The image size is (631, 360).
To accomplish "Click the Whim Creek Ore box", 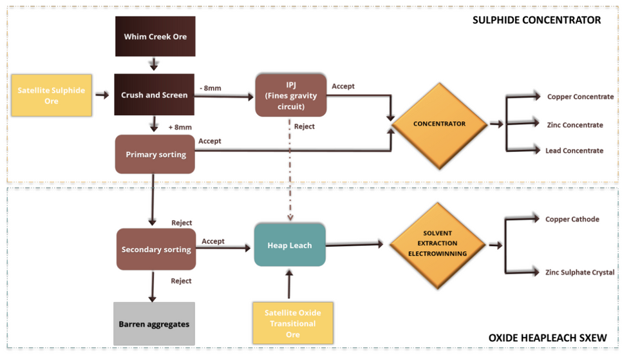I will click(155, 37).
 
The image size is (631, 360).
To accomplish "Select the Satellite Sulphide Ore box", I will click(52, 95).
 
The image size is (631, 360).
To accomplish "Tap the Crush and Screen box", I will click(155, 95).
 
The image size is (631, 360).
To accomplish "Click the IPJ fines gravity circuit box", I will click(291, 95).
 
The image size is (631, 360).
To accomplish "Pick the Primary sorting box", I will click(155, 155).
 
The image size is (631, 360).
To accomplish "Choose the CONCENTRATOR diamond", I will click(439, 124).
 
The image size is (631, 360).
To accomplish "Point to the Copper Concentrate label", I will click(579, 97).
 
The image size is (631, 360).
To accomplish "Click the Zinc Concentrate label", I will click(574, 125).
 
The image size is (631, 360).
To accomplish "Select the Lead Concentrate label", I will click(574, 151).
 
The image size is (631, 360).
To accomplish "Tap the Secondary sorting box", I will click(156, 249).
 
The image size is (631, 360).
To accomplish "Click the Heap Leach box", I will click(290, 245).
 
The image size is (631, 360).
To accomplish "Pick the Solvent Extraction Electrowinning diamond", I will click(437, 243).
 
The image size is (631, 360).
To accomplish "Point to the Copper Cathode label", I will click(572, 220).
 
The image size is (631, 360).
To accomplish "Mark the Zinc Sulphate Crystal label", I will click(579, 272).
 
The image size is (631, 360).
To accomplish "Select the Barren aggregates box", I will click(154, 324).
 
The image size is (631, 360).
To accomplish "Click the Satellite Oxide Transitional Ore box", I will click(292, 323).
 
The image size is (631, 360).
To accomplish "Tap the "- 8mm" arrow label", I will click(211, 88).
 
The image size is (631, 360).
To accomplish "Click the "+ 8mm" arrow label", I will click(180, 128).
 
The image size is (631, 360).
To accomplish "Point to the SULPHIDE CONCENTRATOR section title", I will click(536, 20).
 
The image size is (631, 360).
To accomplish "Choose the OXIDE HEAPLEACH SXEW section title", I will click(547, 338).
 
